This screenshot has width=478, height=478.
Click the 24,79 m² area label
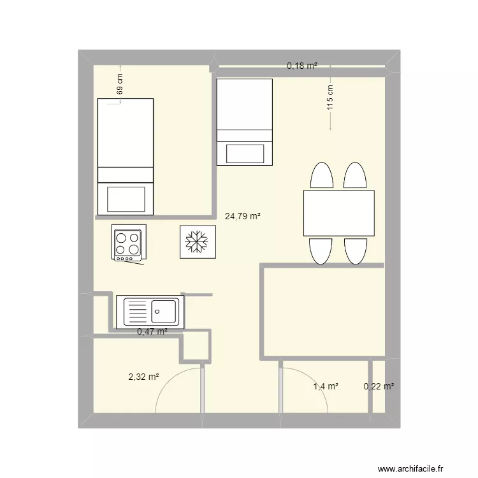243,216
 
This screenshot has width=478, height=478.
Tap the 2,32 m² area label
143,377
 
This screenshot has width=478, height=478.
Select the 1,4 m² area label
326,387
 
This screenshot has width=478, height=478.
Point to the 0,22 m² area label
379,387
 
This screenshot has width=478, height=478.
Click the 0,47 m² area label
152,331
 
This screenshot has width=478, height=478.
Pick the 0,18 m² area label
302,66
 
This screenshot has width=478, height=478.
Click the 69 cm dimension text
120,84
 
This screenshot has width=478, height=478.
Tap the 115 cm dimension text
330,98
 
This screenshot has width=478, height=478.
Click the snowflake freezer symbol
197,242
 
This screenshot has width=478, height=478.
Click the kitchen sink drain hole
157,312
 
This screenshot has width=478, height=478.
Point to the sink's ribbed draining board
138,312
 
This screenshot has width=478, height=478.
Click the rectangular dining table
339,213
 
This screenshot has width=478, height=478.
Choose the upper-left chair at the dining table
322,175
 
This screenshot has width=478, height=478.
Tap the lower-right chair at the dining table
356,251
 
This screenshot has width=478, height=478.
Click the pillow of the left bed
126,199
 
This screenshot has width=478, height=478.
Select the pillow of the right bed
245,154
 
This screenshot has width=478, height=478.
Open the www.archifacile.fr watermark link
410,468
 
